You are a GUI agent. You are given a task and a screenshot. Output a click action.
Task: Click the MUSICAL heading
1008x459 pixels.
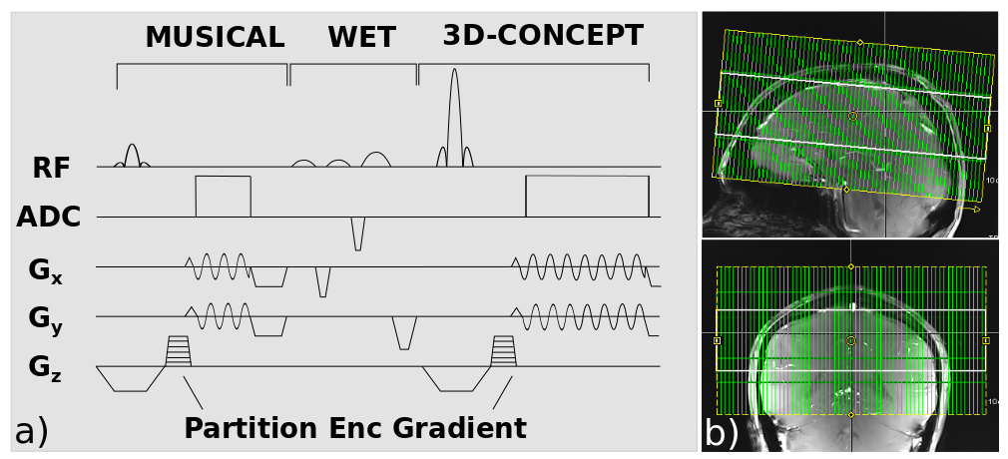pyautogui.click(x=215, y=38)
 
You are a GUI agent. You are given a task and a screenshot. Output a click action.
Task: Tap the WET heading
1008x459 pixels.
pyautogui.click(x=361, y=38)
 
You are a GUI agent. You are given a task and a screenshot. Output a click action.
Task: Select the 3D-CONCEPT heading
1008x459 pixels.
pyautogui.click(x=543, y=36)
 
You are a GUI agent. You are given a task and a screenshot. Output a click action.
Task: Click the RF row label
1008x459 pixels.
pyautogui.click(x=52, y=168)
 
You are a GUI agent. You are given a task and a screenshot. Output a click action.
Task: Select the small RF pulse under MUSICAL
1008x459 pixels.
pyautogui.click(x=132, y=156)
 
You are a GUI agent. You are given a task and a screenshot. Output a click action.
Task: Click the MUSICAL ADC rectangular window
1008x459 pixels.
pyautogui.click(x=223, y=197)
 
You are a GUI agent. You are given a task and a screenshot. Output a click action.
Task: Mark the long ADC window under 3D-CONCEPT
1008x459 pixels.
pyautogui.click(x=587, y=197)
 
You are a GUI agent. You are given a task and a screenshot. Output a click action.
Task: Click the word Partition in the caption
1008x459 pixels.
pyautogui.click(x=251, y=428)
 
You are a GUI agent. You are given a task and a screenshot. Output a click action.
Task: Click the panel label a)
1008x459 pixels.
pyautogui.click(x=30, y=432)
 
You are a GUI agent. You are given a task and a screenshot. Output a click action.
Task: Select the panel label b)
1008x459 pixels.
pyautogui.click(x=721, y=432)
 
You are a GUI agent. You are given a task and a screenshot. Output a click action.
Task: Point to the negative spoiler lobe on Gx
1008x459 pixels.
pyautogui.click(x=322, y=282)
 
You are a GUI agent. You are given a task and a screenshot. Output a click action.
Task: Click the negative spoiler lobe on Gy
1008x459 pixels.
pyautogui.click(x=404, y=333)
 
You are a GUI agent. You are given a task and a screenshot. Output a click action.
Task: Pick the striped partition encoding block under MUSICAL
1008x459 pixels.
pyautogui.click(x=179, y=350)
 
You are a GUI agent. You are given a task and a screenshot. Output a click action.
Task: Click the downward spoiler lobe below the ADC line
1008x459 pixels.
pyautogui.click(x=357, y=233)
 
